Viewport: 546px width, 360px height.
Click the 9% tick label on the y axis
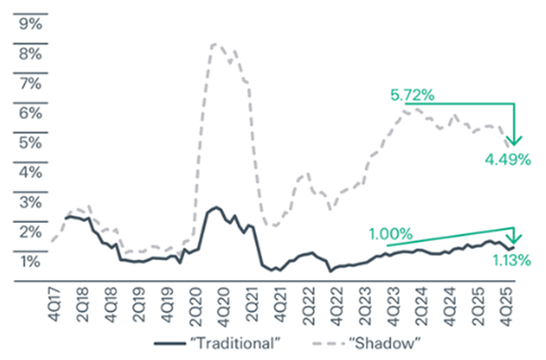(x=29, y=24)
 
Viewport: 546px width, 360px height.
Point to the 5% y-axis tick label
(x=29, y=142)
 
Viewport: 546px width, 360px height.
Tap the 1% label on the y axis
(x=29, y=260)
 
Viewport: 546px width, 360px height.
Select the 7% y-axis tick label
(x=29, y=83)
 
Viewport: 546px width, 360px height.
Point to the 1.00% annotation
(x=390, y=232)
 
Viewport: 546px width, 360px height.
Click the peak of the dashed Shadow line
(x=214, y=43)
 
